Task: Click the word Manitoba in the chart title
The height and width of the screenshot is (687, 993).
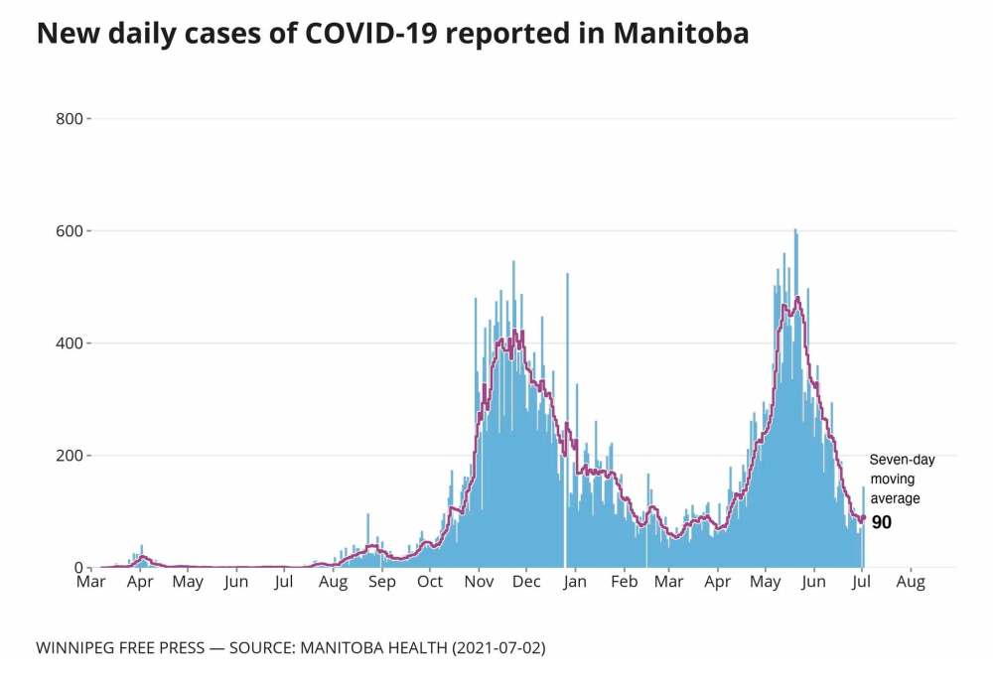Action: (681, 34)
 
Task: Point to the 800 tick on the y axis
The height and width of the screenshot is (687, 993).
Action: (72, 119)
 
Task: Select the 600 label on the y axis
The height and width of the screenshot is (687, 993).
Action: (72, 231)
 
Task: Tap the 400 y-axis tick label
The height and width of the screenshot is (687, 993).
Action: (72, 343)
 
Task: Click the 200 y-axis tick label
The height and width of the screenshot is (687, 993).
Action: (72, 456)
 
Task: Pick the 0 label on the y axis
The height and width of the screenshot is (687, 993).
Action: (79, 568)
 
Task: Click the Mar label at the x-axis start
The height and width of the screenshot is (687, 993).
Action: (90, 583)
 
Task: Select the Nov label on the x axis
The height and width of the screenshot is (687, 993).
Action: (480, 583)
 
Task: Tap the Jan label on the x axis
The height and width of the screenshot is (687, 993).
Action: (576, 583)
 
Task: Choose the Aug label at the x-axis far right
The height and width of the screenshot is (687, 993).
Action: (911, 583)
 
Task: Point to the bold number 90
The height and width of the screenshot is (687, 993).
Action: (882, 522)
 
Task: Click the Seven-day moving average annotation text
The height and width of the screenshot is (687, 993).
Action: (902, 479)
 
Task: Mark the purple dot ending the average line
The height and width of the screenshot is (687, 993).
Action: (863, 517)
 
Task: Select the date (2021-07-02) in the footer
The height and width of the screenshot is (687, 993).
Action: (498, 648)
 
